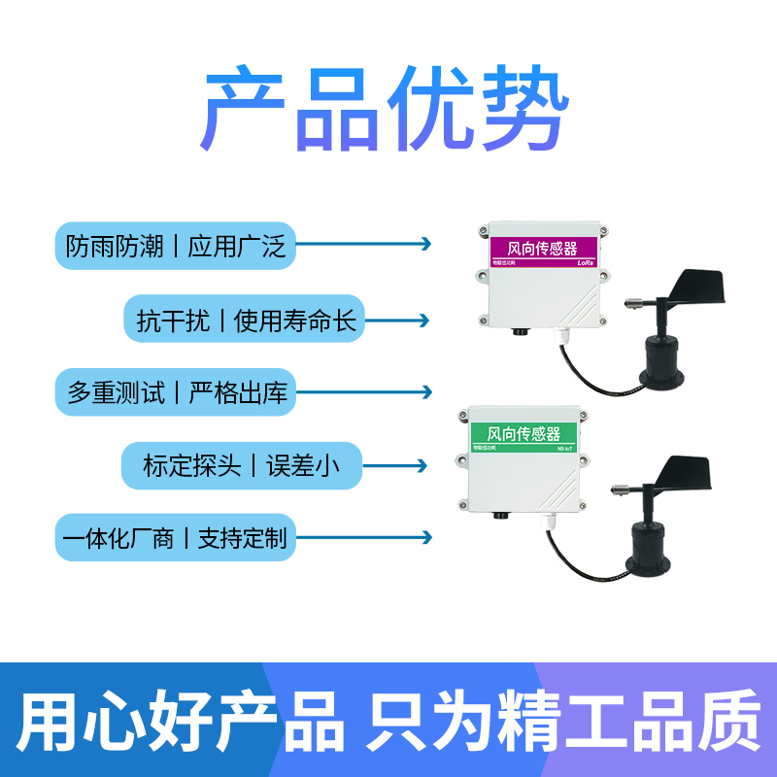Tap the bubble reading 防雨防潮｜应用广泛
(175, 247)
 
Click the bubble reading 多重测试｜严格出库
(175, 392)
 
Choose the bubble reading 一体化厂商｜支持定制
(175, 537)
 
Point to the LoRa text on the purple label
(585, 262)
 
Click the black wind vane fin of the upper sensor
(691, 288)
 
